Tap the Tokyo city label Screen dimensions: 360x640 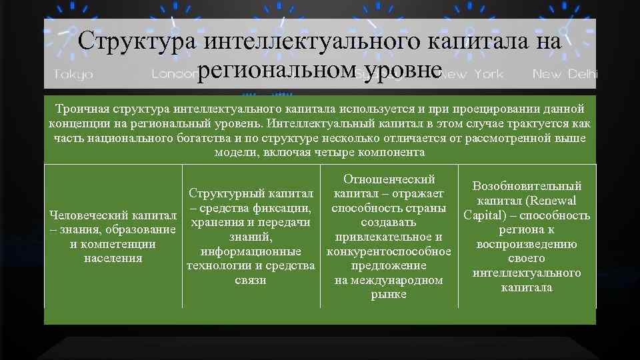coord(73,74)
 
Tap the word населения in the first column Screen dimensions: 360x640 coord(113,259)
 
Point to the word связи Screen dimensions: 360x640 coord(251,280)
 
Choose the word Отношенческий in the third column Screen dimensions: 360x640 coord(389,179)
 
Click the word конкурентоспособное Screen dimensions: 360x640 coord(389,251)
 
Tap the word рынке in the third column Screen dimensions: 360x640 coord(389,295)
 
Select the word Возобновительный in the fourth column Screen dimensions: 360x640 coord(527,186)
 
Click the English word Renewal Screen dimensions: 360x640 coord(551,201)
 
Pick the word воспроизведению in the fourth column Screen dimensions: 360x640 coord(527,244)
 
